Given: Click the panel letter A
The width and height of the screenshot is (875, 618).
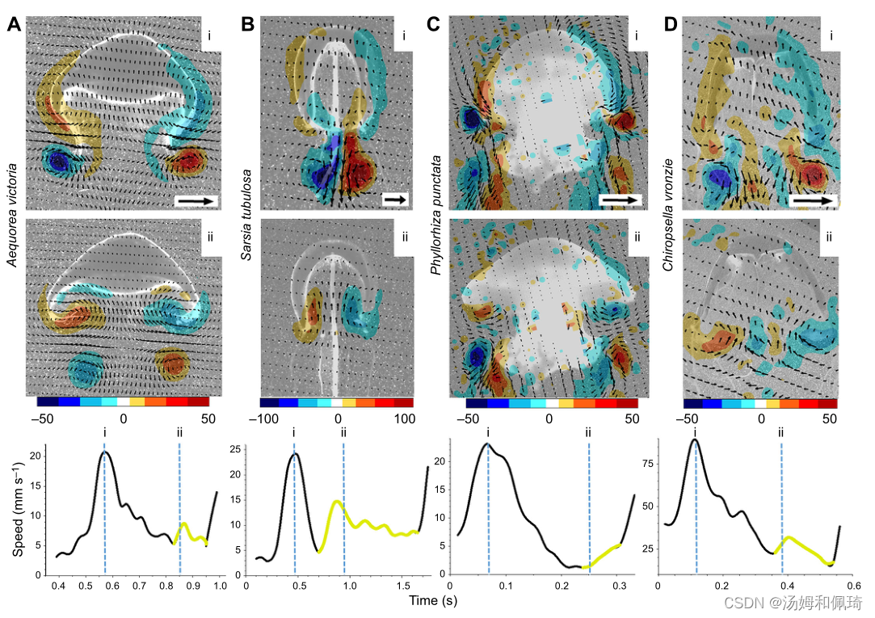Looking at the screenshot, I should click(14, 24).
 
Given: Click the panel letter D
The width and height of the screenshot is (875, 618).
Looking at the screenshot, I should click(670, 24).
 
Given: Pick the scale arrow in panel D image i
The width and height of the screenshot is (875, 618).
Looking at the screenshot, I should click(813, 200).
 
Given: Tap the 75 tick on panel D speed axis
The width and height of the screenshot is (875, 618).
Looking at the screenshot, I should click(646, 465).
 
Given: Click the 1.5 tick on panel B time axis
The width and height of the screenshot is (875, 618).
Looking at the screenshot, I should click(399, 584).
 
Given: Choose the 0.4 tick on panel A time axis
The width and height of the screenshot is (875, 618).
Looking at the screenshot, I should click(57, 584).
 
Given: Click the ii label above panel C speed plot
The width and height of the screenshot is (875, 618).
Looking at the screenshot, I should click(588, 432).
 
